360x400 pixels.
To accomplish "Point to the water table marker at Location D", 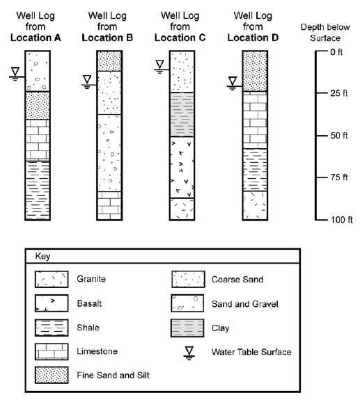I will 232,83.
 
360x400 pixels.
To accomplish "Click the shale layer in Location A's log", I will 44,189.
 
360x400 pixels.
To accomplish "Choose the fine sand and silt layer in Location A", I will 44,106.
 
